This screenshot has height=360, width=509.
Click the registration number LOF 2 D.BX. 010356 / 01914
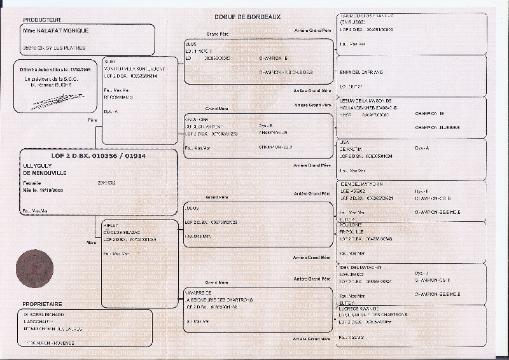[99, 155]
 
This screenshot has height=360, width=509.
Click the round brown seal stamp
[34, 268]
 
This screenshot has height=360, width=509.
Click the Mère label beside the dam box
[90, 242]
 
